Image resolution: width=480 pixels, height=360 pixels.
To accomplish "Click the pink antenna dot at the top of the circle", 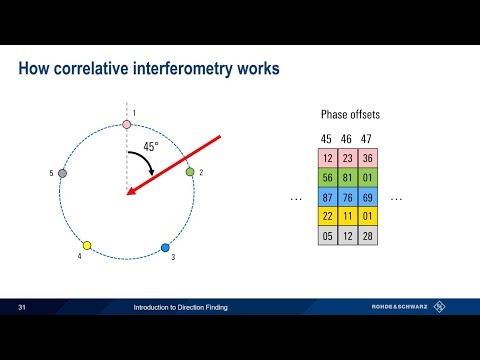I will click(x=126, y=125).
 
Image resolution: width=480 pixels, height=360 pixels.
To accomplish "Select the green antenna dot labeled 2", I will click(x=190, y=172).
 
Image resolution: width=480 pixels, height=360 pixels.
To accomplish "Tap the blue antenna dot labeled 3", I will click(x=166, y=246).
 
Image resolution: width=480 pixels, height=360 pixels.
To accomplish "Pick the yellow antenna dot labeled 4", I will click(x=87, y=245).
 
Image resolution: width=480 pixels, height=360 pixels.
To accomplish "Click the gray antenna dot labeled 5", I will click(x=62, y=173).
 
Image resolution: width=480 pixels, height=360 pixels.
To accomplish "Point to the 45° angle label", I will click(x=149, y=146).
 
